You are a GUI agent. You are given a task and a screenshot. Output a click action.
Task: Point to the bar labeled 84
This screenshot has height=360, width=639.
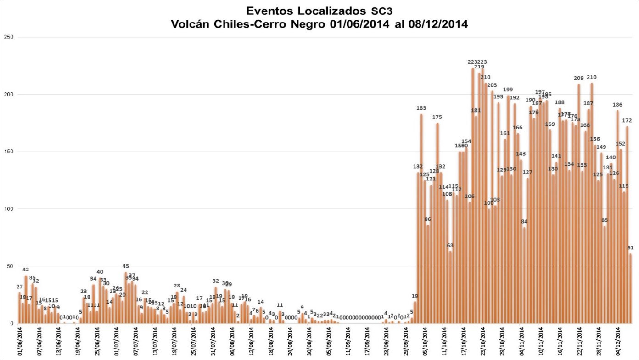[524, 275]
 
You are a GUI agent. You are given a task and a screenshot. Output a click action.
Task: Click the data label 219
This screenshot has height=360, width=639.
[479, 67]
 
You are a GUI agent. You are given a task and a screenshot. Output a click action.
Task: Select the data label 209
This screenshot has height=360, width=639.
[579, 79]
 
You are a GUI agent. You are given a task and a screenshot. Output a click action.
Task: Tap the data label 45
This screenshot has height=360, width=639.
[125, 266]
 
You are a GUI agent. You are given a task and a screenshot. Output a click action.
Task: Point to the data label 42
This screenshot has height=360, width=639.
[26, 270]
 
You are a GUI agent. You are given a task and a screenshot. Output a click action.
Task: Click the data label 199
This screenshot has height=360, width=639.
[508, 90]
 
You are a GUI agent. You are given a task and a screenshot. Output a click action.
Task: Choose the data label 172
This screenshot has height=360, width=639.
[628, 121]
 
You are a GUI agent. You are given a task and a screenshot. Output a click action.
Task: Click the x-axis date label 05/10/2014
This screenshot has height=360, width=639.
[425, 342]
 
